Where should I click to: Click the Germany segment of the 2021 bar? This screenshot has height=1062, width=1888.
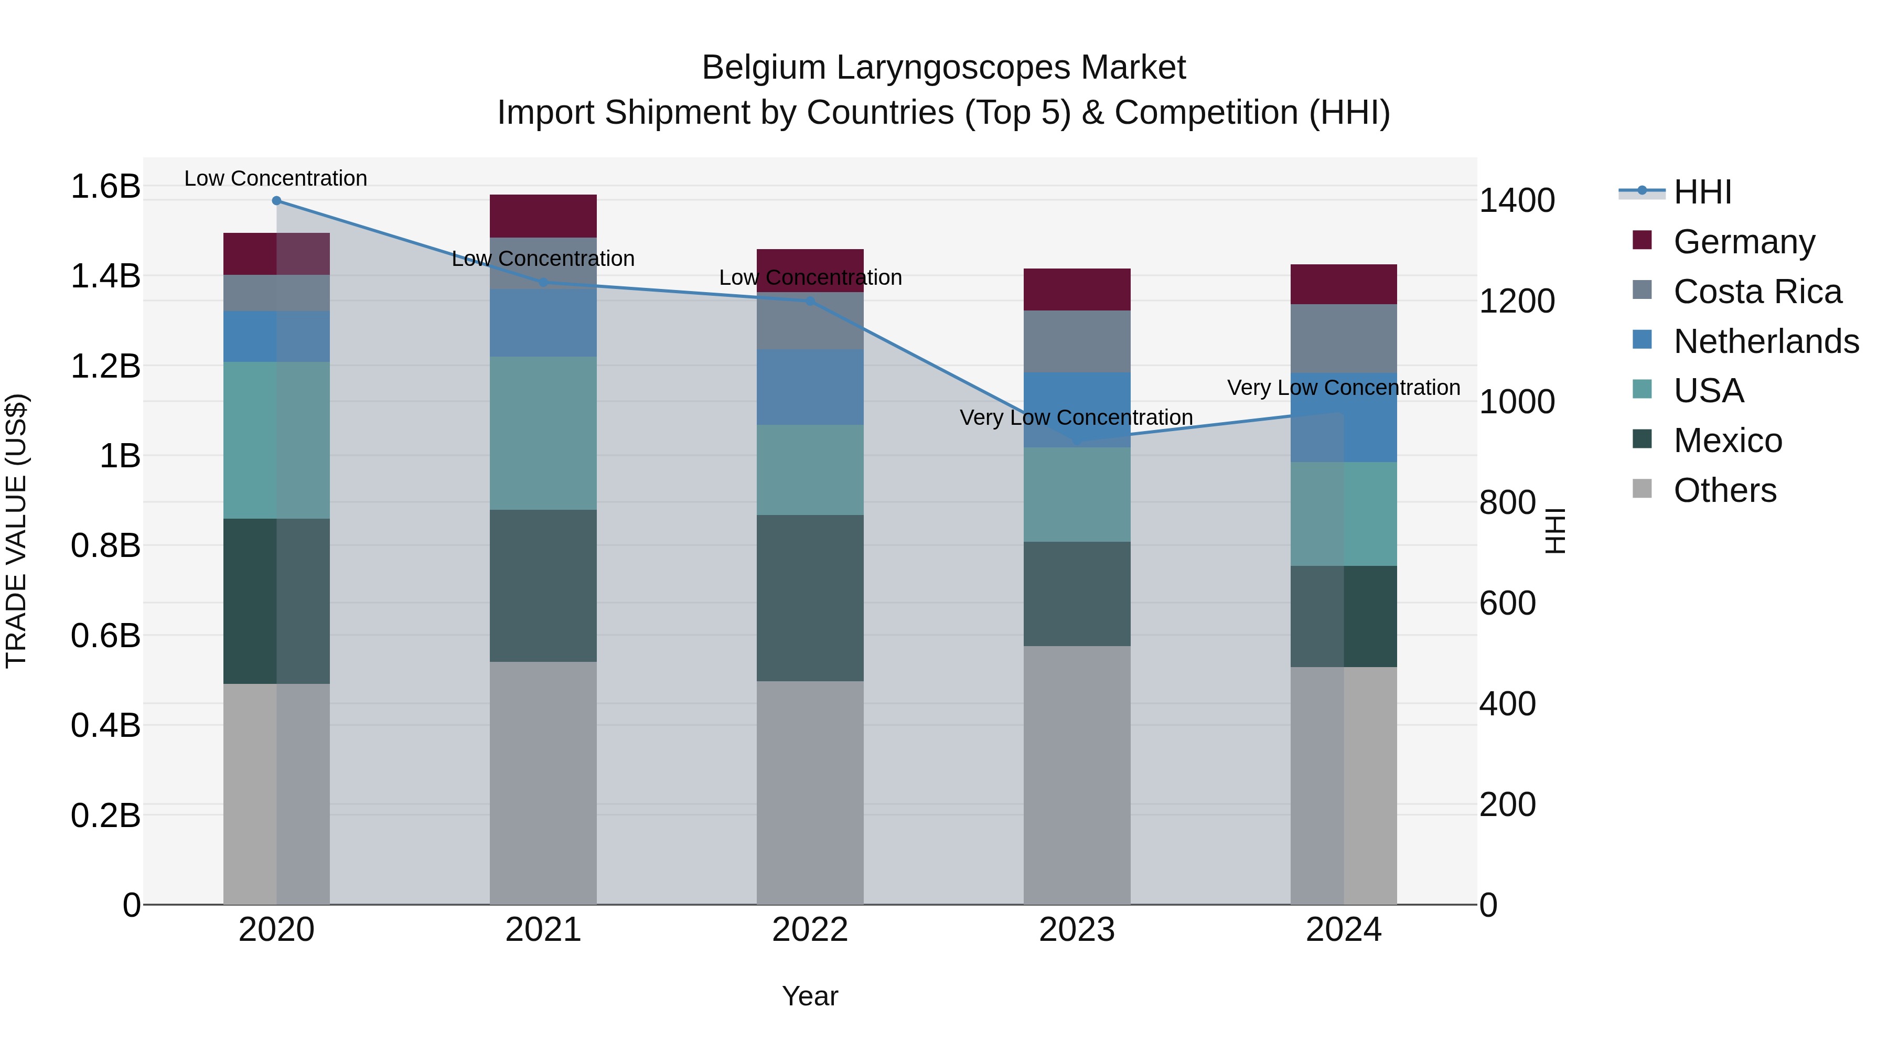(543, 216)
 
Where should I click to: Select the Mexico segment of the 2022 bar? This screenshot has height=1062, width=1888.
(810, 598)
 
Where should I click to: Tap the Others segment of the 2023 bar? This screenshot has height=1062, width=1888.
(1077, 775)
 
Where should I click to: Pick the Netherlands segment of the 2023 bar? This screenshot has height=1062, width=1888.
(1077, 410)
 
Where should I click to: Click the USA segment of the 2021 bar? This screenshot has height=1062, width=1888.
(543, 433)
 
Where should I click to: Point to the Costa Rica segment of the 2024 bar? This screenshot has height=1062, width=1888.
(1344, 339)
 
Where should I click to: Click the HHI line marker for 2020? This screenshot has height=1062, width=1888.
(276, 201)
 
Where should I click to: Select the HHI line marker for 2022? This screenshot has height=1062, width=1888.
(810, 301)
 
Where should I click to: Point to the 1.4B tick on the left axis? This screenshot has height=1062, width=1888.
(105, 276)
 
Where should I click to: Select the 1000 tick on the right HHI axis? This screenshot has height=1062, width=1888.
(1516, 402)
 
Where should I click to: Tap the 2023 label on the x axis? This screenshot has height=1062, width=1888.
(1077, 930)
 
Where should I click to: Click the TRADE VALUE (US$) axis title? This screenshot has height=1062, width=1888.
(16, 531)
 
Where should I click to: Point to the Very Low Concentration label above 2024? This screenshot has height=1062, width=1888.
(1344, 388)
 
